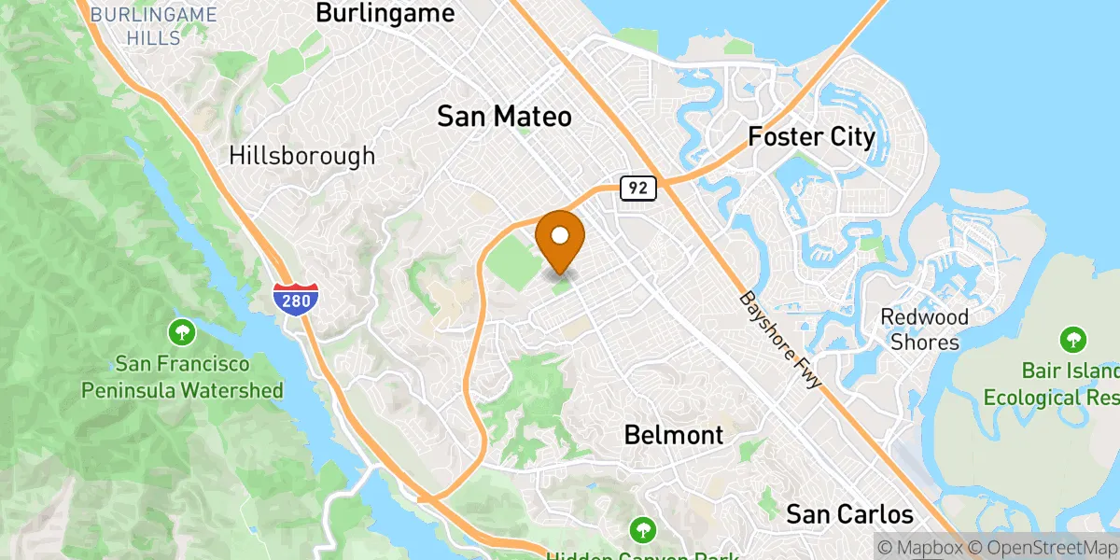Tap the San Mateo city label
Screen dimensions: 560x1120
pyautogui.click(x=504, y=117)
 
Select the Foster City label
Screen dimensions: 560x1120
pyautogui.click(x=811, y=138)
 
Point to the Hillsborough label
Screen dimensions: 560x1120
pyautogui.click(x=301, y=156)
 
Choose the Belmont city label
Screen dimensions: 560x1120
pyautogui.click(x=673, y=435)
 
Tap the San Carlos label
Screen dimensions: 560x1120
pyautogui.click(x=848, y=514)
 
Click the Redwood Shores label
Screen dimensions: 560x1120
pyautogui.click(x=925, y=329)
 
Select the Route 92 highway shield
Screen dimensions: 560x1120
pyautogui.click(x=638, y=188)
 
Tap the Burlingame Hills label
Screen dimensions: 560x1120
pyautogui.click(x=154, y=24)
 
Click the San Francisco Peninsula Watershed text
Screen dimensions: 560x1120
pyautogui.click(x=182, y=377)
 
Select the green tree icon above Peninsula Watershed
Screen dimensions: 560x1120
pyautogui.click(x=182, y=331)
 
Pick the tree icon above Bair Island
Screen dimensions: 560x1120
pyautogui.click(x=1073, y=339)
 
